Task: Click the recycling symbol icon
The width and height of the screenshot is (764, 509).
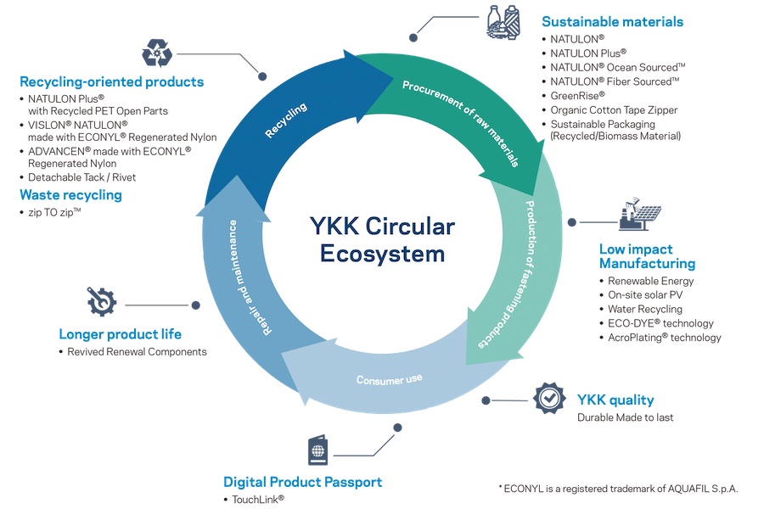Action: [x=157, y=53]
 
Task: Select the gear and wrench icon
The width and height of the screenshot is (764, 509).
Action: [x=102, y=301]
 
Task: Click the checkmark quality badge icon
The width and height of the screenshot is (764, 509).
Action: [x=548, y=399]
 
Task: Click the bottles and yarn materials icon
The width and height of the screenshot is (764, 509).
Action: [x=503, y=23]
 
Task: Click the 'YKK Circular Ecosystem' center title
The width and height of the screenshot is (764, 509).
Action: [x=382, y=240]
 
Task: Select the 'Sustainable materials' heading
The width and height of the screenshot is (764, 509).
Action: [x=612, y=22]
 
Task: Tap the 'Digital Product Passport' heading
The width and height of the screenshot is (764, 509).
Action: [x=302, y=482]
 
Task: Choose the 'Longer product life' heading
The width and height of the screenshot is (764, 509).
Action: [x=120, y=333]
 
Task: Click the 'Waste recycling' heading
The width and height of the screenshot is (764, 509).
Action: [x=70, y=195]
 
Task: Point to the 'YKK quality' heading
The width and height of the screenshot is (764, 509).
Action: [x=615, y=400]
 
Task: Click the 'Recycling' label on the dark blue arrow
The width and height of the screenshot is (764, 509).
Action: [x=285, y=120]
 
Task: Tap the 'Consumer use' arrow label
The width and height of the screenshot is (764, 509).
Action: [x=389, y=379]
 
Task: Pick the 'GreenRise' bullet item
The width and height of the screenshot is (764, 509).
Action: [x=577, y=96]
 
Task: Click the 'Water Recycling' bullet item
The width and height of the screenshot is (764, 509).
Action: [x=644, y=309]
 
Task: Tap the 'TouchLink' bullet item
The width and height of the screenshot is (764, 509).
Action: [x=258, y=500]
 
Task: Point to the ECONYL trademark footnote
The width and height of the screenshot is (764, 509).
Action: [x=618, y=488]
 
